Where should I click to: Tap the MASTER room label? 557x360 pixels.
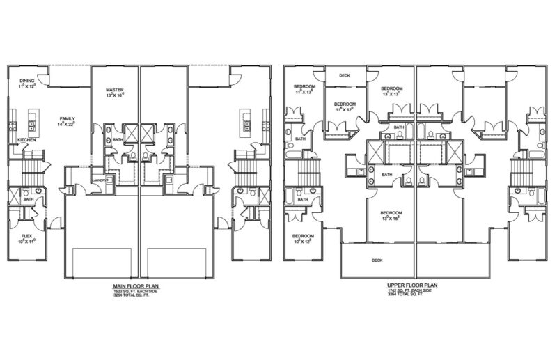[114, 91]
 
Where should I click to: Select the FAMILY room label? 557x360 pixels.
[67, 118]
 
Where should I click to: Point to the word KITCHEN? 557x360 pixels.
[28, 139]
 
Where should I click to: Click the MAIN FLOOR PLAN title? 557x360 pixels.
[138, 285]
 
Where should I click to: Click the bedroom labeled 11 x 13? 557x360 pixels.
[305, 87]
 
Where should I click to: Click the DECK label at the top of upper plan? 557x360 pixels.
[345, 75]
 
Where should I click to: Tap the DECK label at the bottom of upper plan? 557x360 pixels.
[377, 260]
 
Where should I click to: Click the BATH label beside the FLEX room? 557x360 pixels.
[28, 199]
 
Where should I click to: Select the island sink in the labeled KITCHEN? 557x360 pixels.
[32, 125]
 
